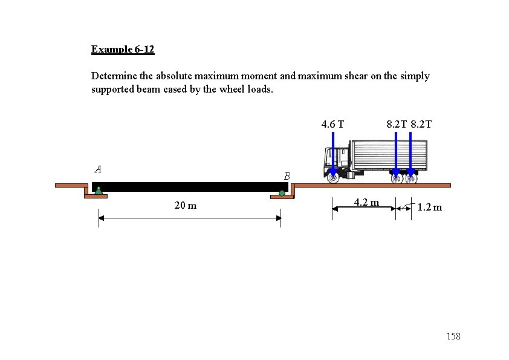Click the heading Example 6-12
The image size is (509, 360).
point(123,50)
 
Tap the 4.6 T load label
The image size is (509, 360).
point(332,124)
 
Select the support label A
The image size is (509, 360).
point(98,169)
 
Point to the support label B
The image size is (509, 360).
point(287,176)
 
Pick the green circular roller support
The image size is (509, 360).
point(282,194)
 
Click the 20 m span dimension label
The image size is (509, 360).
point(186,205)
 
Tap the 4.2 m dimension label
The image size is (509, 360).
point(366,203)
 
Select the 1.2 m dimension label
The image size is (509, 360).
point(429,208)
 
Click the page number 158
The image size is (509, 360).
point(453,336)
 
